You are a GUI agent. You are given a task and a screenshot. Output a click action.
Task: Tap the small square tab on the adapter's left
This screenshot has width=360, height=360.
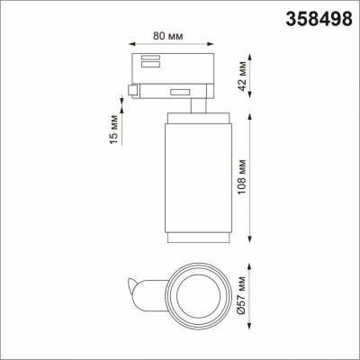pos(134,90)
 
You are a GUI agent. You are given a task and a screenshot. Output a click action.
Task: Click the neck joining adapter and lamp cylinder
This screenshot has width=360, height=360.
pos(194,106)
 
